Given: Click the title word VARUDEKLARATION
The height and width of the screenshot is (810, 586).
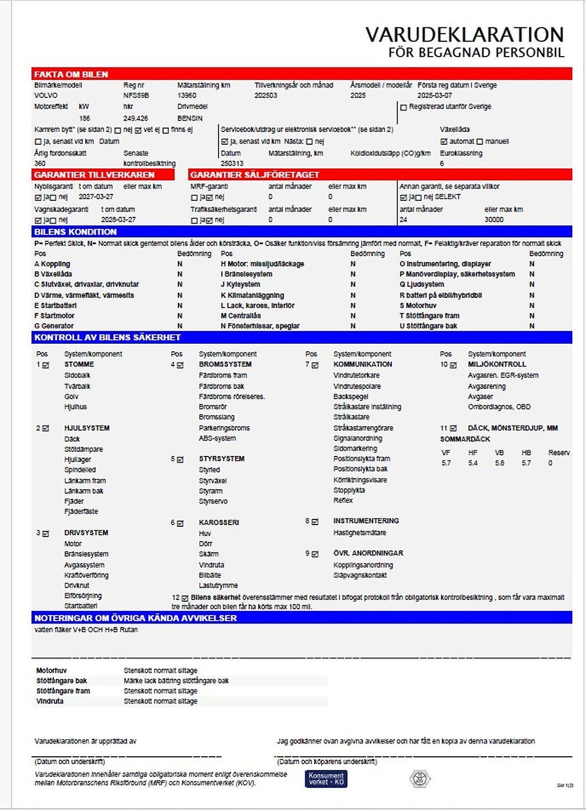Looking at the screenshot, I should pos(465,34).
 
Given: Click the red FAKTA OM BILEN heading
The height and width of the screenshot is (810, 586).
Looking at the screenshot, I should pos(71,74).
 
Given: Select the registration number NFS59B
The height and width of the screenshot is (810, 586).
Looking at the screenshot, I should pos(136,96).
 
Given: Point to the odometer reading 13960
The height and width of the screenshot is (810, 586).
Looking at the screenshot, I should pos(187,96).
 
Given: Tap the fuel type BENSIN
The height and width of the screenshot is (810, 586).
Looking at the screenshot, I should pos(190,118).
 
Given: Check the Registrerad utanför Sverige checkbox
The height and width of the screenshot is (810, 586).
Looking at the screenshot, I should pos(403,107).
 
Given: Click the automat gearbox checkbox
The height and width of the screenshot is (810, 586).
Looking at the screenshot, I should pos(444,141).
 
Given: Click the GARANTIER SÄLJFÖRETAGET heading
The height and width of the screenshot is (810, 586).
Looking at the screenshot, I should pos(255,174).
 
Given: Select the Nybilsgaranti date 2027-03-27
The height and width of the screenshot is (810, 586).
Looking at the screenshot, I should pos(96,197).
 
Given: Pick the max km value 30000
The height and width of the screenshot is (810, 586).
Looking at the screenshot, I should pos(494,220).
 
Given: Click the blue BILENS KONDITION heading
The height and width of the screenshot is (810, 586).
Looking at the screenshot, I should pos(75,232).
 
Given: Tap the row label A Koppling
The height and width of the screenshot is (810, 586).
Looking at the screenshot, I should pos(52,264).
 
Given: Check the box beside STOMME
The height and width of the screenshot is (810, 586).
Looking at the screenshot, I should pos(46,365).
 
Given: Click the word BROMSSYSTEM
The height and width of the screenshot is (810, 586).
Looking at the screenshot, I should pos(225,364).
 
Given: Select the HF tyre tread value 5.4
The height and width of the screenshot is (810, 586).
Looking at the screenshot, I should pos(473,463).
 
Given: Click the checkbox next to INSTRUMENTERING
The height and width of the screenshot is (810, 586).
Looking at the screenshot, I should pos(315,522).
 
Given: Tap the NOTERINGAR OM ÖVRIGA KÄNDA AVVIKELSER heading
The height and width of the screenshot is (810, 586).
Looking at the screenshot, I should pos(136,618).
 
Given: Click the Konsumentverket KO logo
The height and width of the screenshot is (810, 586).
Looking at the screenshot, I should pos(326,779).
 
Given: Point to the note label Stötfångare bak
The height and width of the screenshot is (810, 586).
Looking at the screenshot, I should pos(62,681).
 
